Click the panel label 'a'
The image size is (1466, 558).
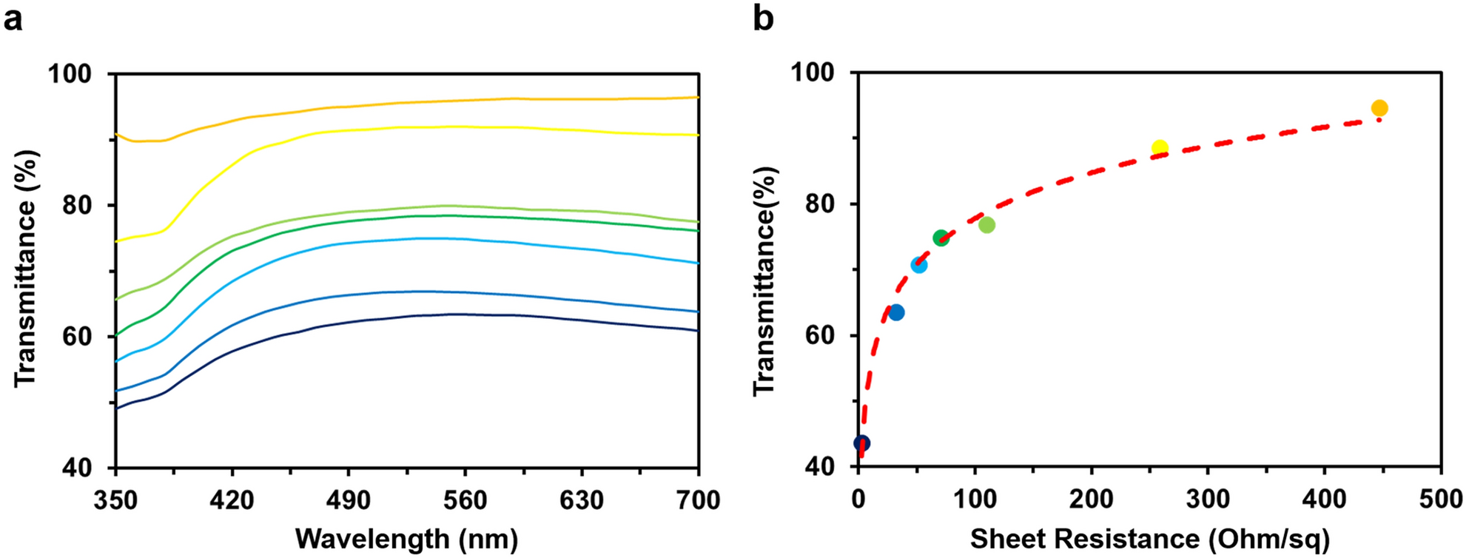(x=13, y=18)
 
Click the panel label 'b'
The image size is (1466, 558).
(x=763, y=18)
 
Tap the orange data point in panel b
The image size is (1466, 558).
(x=1379, y=109)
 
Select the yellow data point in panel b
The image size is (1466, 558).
(x=1160, y=148)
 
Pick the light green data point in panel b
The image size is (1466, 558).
(x=986, y=225)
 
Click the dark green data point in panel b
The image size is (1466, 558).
(x=941, y=238)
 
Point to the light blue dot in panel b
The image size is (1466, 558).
(x=918, y=265)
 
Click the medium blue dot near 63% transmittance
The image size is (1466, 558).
(x=896, y=312)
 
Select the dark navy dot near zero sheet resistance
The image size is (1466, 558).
(x=862, y=443)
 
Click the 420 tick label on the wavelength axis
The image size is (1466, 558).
(x=232, y=500)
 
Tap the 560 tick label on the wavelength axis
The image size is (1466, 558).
(x=465, y=500)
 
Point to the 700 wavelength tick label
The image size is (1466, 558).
(x=698, y=500)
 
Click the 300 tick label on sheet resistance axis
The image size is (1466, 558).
(x=1208, y=499)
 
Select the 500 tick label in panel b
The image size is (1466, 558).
(x=1440, y=499)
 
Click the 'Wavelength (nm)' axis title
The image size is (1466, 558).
(x=406, y=538)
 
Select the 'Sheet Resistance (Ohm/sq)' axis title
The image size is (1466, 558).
(x=1149, y=538)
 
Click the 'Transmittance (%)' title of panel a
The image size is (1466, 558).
(x=26, y=268)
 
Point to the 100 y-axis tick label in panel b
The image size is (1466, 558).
(x=813, y=73)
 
